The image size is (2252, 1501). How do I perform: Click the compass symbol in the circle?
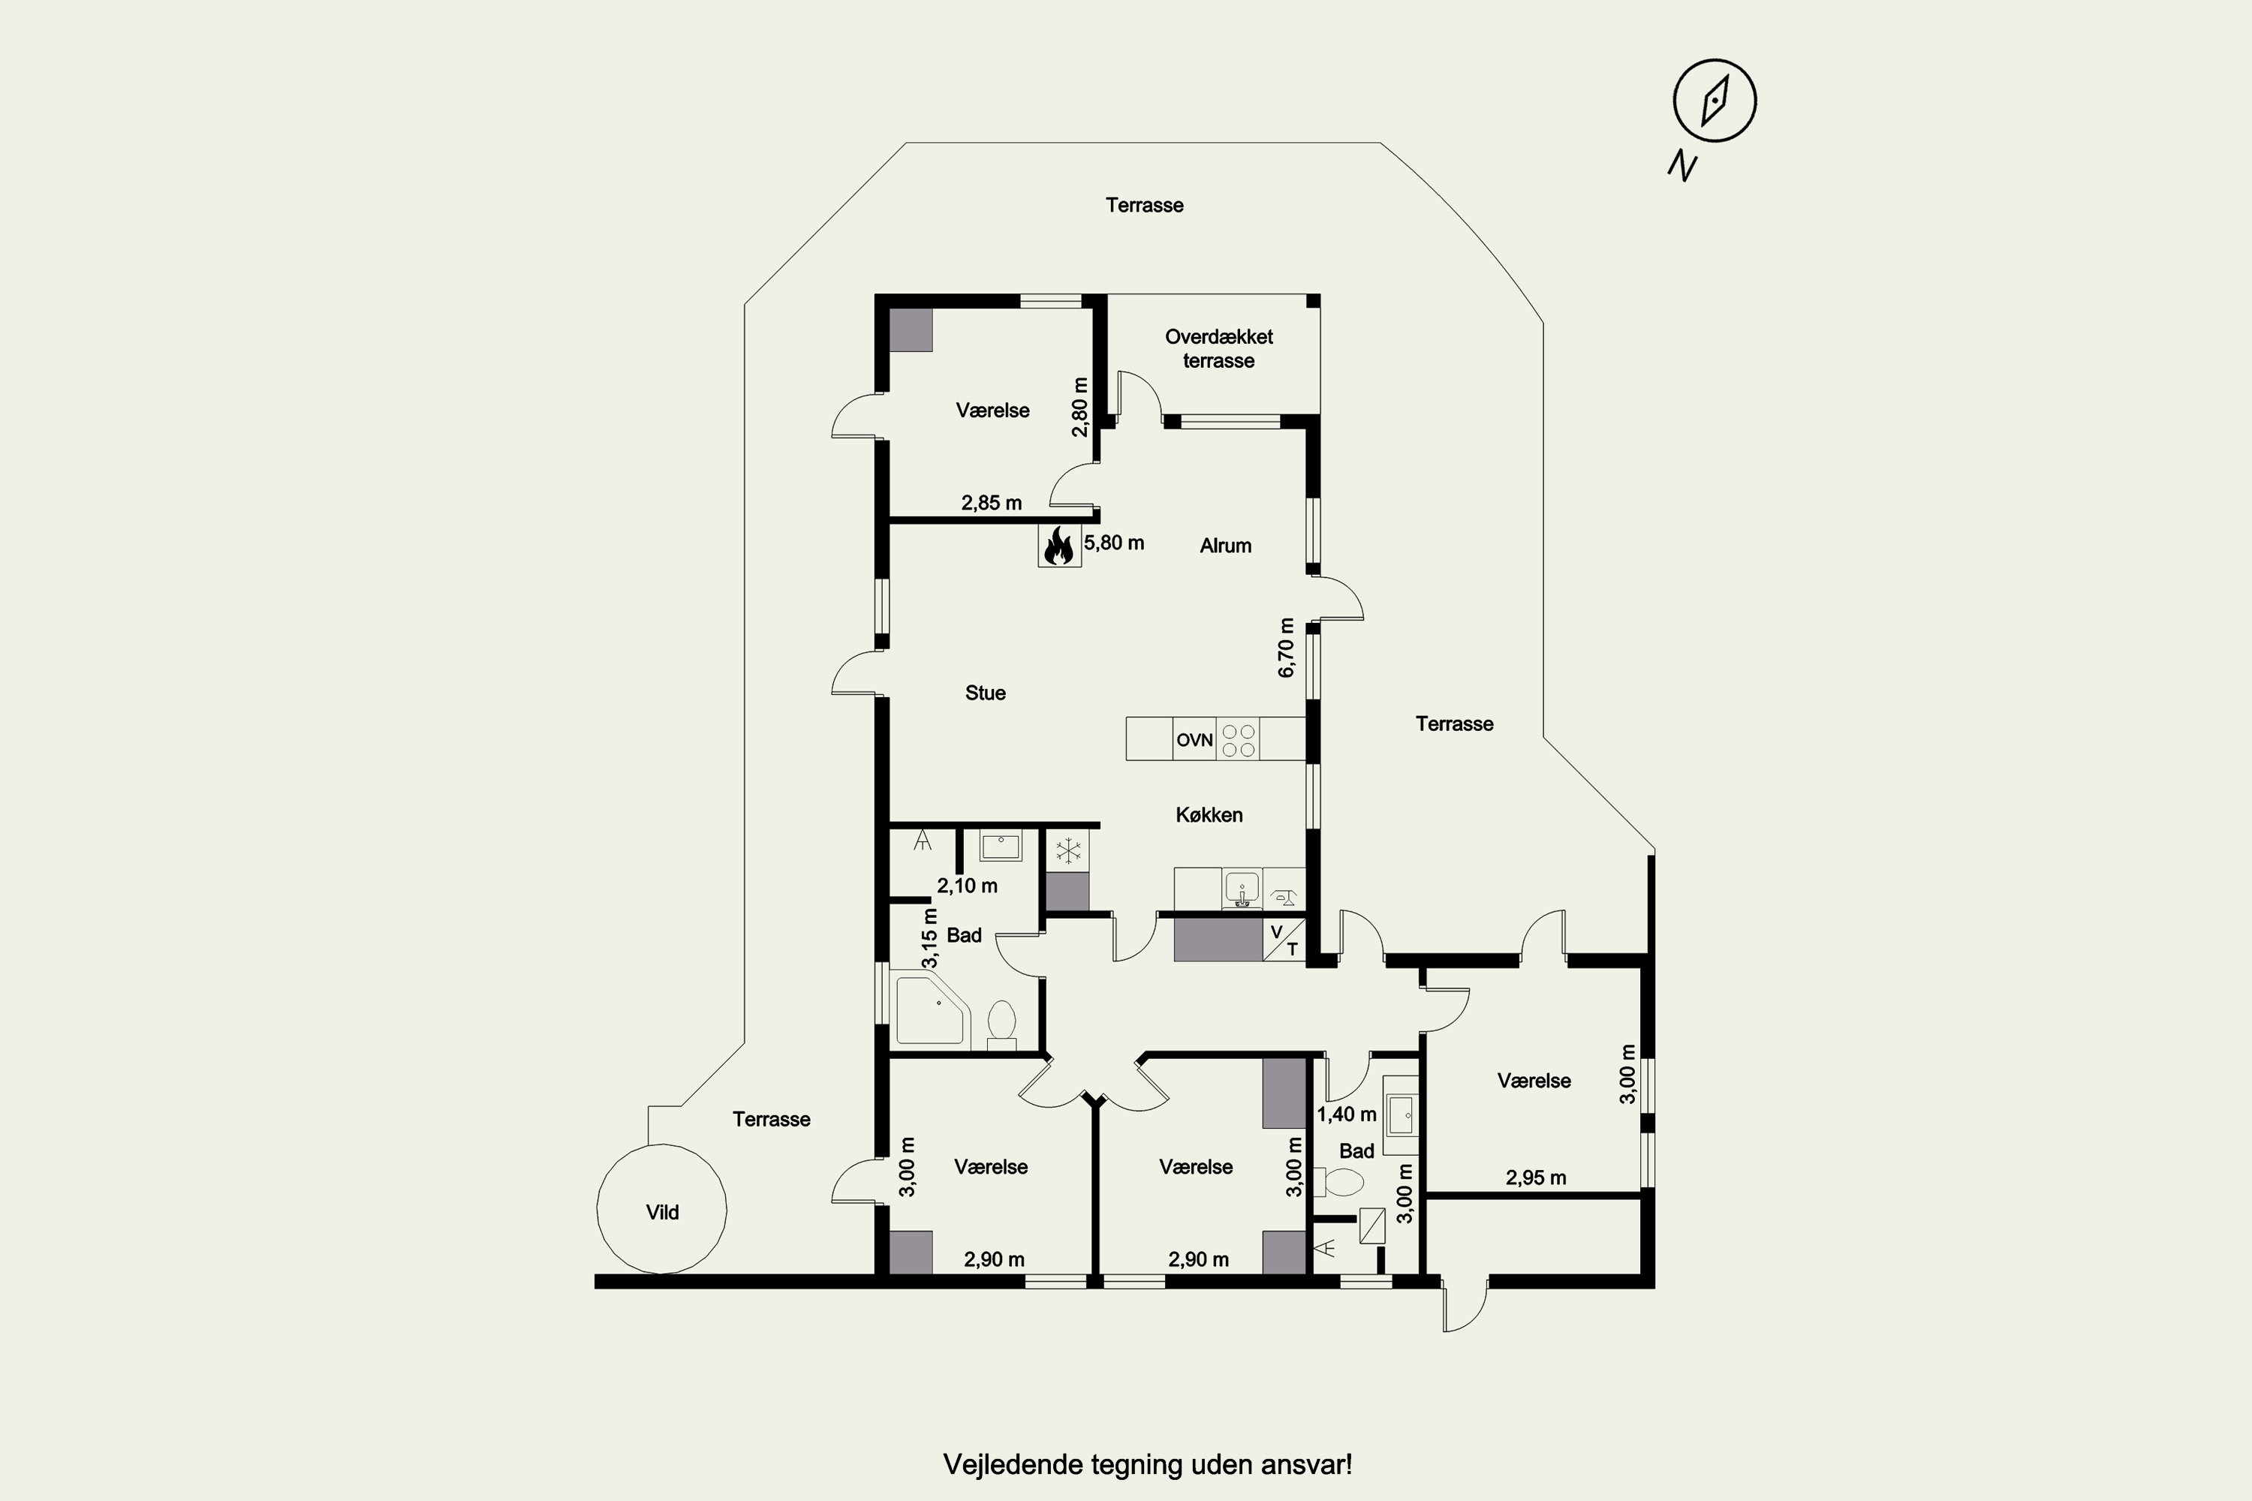pyautogui.click(x=1715, y=101)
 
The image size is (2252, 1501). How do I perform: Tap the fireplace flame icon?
pyautogui.click(x=1059, y=546)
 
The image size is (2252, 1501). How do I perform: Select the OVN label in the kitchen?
pyautogui.click(x=1194, y=740)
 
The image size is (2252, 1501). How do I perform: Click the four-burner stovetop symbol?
pyautogui.click(x=1238, y=739)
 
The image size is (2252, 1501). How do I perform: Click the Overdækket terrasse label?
pyautogui.click(x=1219, y=348)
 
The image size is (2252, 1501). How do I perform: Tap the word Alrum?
pyautogui.click(x=1226, y=546)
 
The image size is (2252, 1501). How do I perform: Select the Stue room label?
pyautogui.click(x=985, y=693)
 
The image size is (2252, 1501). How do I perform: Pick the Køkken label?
pyautogui.click(x=1209, y=814)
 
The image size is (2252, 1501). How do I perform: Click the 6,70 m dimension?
pyautogui.click(x=1286, y=648)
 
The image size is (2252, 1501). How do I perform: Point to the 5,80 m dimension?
pyautogui.click(x=1113, y=543)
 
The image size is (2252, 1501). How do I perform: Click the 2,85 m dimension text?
pyautogui.click(x=991, y=503)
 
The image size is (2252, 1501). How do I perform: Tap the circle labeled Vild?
pyautogui.click(x=661, y=1209)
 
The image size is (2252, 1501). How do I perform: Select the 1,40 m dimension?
pyautogui.click(x=1346, y=1114)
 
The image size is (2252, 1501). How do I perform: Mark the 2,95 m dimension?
pyautogui.click(x=1536, y=1178)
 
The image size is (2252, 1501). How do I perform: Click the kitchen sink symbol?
pyautogui.click(x=1242, y=889)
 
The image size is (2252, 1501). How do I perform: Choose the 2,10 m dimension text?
pyautogui.click(x=967, y=886)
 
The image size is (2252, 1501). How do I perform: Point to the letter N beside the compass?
pyautogui.click(x=1682, y=167)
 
